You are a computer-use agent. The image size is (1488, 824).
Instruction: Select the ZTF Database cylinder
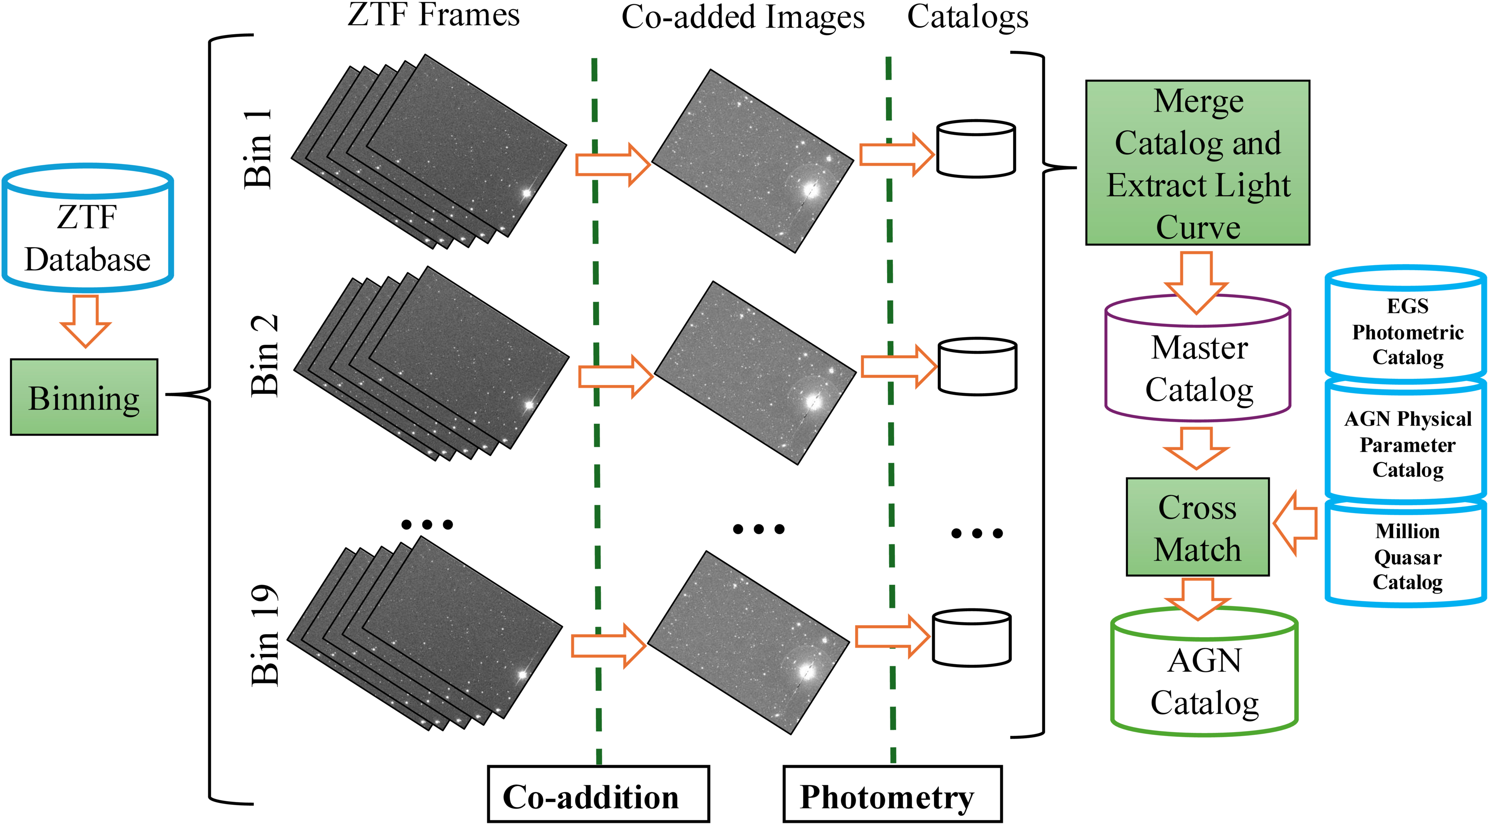coord(87,228)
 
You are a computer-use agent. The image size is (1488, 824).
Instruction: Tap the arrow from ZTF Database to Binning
coord(86,321)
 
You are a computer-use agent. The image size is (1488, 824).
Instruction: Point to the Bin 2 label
coord(264,356)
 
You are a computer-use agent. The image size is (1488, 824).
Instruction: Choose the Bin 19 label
coord(265,635)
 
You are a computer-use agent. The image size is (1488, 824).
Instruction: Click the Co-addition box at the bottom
coord(598,794)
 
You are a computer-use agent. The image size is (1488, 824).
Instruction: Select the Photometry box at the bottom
coord(892,794)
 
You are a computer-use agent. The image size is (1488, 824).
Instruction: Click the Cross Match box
coord(1197,527)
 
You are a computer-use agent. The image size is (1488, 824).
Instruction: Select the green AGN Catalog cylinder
coord(1204,676)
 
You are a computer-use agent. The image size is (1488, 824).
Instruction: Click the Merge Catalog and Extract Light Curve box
coord(1197,163)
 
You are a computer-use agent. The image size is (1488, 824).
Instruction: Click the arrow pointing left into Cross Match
coord(1295,524)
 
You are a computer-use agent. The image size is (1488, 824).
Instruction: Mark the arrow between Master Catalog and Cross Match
coord(1196,447)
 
